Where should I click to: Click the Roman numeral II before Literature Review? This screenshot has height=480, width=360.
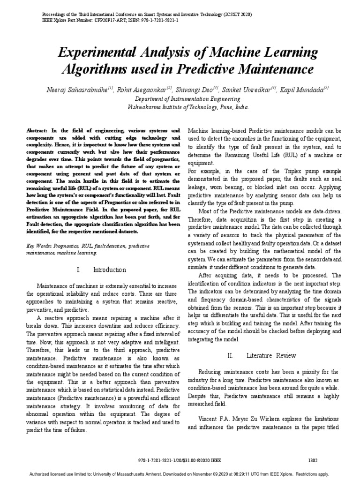click(x=230, y=356)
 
